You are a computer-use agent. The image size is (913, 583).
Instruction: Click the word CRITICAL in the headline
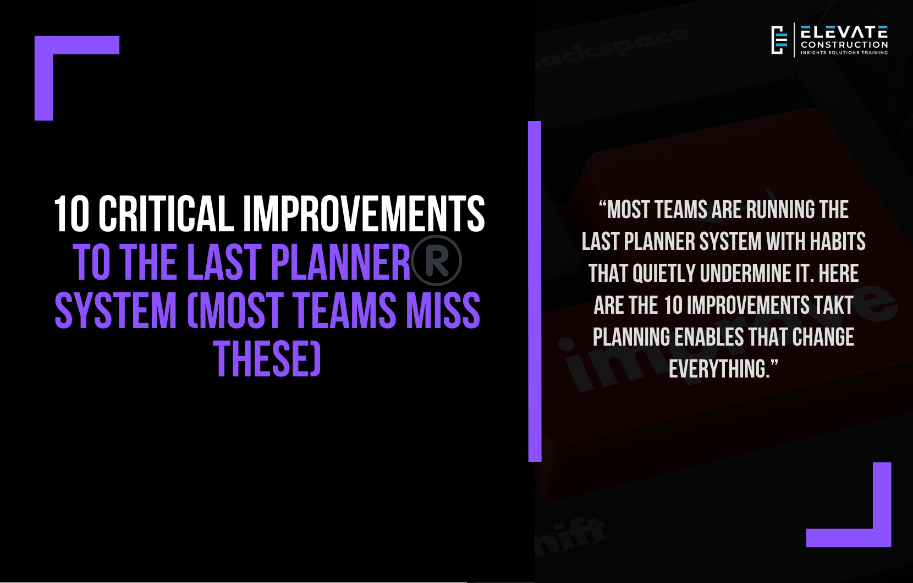166,214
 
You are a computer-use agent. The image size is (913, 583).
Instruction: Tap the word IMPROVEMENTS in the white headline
364,214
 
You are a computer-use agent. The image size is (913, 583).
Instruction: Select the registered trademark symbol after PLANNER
436,260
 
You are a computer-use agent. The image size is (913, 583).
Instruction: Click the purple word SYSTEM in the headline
116,310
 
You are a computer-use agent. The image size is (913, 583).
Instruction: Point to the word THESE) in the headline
267,358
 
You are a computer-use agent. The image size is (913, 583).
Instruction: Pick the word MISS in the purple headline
443,310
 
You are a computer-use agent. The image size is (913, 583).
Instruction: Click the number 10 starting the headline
71,214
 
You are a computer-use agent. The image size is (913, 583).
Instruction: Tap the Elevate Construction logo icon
779,40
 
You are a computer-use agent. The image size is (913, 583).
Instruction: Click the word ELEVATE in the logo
844,32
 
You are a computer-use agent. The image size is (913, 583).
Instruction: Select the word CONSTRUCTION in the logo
844,45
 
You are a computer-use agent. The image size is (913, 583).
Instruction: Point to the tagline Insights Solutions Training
844,53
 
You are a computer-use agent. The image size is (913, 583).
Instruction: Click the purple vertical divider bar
535,291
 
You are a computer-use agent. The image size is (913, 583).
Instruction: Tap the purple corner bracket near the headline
44,77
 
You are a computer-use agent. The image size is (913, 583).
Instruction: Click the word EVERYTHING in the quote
719,369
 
